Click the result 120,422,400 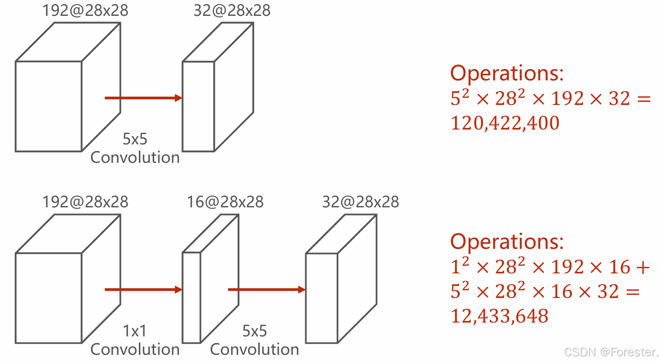click(505, 123)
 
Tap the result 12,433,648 click(499, 316)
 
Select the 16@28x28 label click(225, 202)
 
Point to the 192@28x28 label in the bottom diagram click(86, 202)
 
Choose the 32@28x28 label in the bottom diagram click(360, 202)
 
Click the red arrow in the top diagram click(143, 98)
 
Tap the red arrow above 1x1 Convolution click(143, 290)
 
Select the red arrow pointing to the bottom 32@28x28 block click(266, 290)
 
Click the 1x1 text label click(135, 331)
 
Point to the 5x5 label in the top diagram click(135, 139)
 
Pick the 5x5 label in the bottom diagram click(254, 331)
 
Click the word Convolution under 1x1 click(135, 350)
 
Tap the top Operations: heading click(507, 74)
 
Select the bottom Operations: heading click(507, 241)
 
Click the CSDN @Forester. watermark click(611, 352)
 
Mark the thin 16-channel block click(192, 297)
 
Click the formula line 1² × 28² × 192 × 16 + click(550, 267)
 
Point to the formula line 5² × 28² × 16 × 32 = click(545, 292)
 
